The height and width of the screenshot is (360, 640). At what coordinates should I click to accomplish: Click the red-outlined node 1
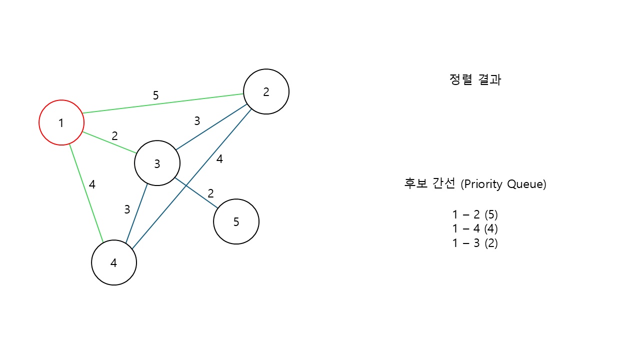coord(61,122)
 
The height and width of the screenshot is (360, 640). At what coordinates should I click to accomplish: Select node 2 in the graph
coord(266,91)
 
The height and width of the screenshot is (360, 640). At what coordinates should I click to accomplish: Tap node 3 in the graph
coord(157,163)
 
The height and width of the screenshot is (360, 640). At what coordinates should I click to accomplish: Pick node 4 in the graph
coord(114,262)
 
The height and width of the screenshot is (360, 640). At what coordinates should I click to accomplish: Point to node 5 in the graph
coord(236,221)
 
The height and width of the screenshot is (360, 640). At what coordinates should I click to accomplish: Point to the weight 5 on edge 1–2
coord(155,95)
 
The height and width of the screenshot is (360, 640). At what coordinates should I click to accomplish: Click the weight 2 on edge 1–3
coord(114,135)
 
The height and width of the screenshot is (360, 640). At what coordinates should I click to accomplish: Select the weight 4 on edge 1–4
coord(92,184)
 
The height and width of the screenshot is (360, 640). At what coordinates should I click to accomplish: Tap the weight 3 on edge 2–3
coord(197,120)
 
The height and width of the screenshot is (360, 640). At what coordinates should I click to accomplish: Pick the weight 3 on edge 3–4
coord(127,209)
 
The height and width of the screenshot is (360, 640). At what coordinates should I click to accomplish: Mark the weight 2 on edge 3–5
coord(210,193)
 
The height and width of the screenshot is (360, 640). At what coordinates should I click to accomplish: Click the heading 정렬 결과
coord(475,80)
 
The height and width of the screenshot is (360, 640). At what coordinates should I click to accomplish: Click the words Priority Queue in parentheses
coord(503,184)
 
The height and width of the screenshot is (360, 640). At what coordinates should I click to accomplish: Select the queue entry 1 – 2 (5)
coord(475,214)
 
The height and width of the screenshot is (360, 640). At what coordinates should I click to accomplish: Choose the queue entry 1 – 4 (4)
coord(475,229)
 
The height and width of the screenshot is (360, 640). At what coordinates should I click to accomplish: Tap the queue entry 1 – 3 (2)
coord(475,243)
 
